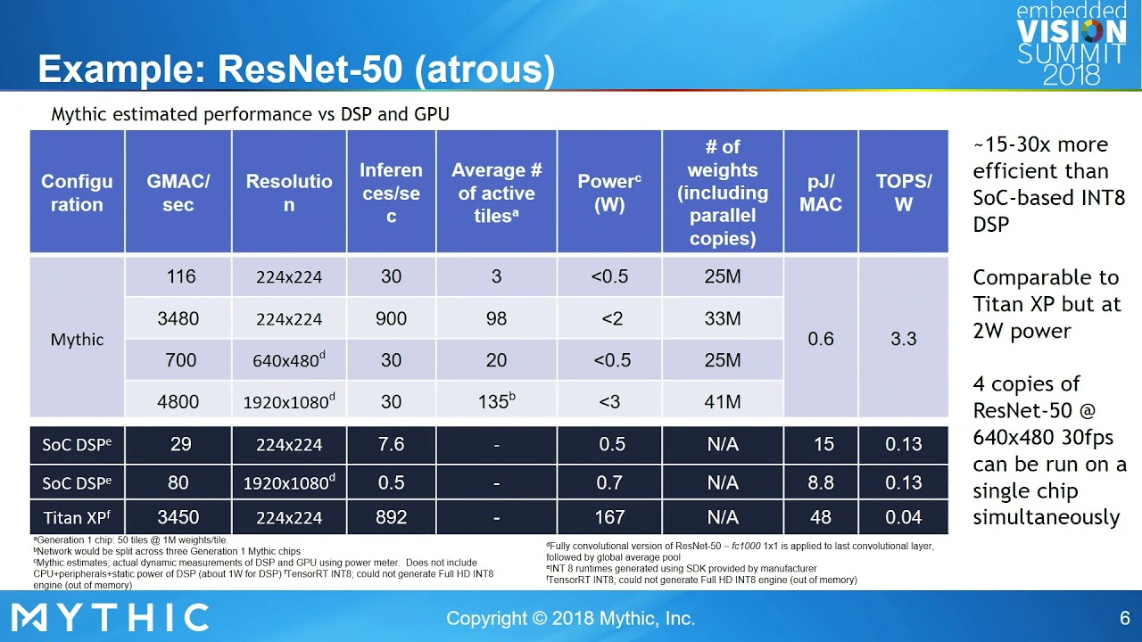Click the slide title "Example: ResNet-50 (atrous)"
(x=296, y=70)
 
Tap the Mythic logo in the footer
(x=111, y=617)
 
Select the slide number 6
(x=1124, y=618)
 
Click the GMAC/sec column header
(x=178, y=193)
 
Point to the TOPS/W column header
(x=903, y=193)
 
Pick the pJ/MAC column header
(x=821, y=193)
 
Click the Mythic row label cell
(x=78, y=339)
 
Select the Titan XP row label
(x=77, y=517)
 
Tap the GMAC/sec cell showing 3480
(x=178, y=318)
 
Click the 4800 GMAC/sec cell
(x=178, y=401)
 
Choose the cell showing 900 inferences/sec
(x=391, y=318)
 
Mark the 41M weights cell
(x=723, y=401)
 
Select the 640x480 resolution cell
(x=289, y=360)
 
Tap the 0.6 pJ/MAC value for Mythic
(x=821, y=339)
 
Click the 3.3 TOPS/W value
(x=903, y=339)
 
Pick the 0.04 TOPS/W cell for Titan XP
(x=903, y=517)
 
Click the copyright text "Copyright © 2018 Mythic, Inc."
(x=570, y=618)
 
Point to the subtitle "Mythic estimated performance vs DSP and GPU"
(x=250, y=114)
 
